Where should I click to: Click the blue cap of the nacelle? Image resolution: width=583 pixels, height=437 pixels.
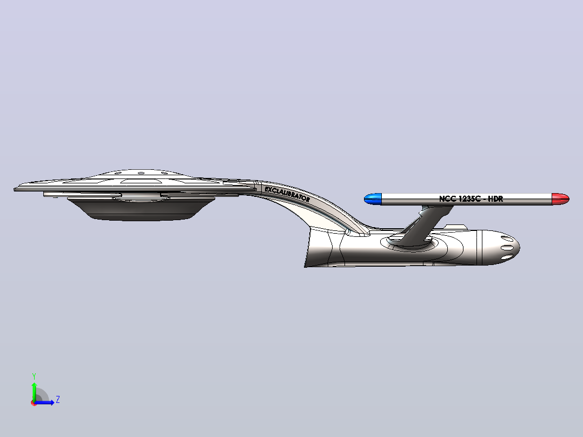click(x=373, y=199)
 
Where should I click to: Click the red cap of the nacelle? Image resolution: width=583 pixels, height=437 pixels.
click(x=560, y=199)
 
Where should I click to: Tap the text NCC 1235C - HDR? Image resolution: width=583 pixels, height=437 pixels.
click(x=471, y=199)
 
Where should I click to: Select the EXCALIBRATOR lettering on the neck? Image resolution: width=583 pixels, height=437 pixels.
click(x=287, y=194)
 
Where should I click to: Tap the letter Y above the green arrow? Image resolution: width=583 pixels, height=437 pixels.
click(x=34, y=376)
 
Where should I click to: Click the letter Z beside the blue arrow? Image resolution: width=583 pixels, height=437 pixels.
click(x=58, y=400)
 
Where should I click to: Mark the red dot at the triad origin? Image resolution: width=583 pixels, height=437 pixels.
click(x=34, y=403)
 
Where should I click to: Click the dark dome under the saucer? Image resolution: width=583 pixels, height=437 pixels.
click(x=141, y=209)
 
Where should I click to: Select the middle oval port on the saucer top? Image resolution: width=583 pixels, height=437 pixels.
click(x=141, y=173)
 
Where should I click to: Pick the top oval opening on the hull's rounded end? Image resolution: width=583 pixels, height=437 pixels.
click(x=507, y=239)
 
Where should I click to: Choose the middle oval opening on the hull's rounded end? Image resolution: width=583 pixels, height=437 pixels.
click(x=507, y=248)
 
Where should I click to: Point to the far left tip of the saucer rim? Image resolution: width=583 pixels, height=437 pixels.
click(x=14, y=189)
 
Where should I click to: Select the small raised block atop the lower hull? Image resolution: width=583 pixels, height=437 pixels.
click(x=455, y=227)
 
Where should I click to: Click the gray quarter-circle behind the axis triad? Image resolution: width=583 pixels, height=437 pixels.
click(x=42, y=395)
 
